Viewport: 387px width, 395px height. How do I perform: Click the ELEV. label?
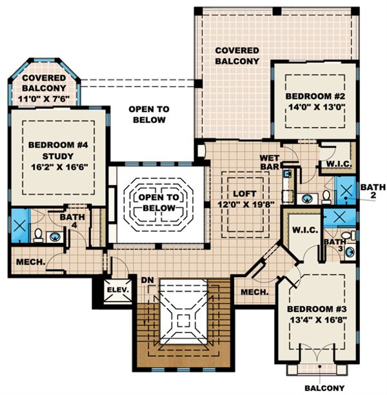click(118, 290)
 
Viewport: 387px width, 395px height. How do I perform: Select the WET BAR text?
click(269, 162)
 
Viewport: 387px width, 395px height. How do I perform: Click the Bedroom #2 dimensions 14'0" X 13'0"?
click(313, 109)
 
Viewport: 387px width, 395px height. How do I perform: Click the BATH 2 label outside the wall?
click(370, 191)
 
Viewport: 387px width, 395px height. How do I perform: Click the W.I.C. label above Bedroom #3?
click(303, 229)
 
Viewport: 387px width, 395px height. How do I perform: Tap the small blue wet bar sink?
click(288, 173)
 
